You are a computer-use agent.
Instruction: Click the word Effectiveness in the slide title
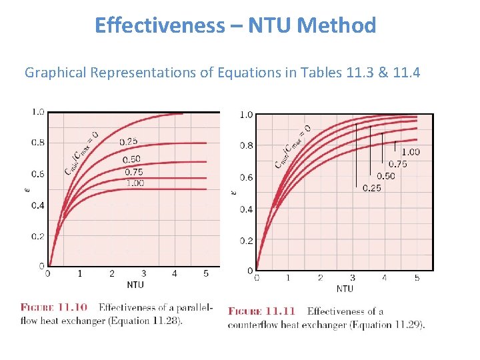[160, 25]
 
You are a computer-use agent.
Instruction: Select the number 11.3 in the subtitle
[361, 72]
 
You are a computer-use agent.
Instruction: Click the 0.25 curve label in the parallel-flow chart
[129, 141]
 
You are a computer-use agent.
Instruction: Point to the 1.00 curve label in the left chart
[134, 183]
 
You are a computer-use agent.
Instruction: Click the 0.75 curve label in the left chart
[133, 172]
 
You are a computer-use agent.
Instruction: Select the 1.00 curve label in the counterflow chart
[410, 152]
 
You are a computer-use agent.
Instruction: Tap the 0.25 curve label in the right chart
[371, 188]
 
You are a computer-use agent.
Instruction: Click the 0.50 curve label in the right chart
[385, 176]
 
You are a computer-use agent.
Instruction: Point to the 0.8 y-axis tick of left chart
[38, 143]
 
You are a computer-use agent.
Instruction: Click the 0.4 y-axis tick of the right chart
[247, 209]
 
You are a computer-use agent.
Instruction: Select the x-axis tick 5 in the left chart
[206, 273]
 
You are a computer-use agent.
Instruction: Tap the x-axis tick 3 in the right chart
[352, 277]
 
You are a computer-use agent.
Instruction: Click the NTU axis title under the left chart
[135, 285]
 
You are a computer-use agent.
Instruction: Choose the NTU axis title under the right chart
[345, 289]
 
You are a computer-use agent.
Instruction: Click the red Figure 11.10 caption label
[54, 307]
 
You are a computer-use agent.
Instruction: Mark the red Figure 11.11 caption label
[261, 311]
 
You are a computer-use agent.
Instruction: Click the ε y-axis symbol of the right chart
[233, 192]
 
